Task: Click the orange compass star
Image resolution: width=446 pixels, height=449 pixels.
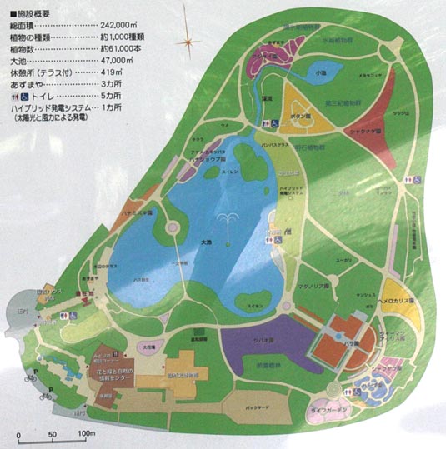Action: coord(189,38)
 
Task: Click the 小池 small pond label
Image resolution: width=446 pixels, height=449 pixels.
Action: coord(321,72)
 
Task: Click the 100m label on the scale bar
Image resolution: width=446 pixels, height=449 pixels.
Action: coord(86,435)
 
